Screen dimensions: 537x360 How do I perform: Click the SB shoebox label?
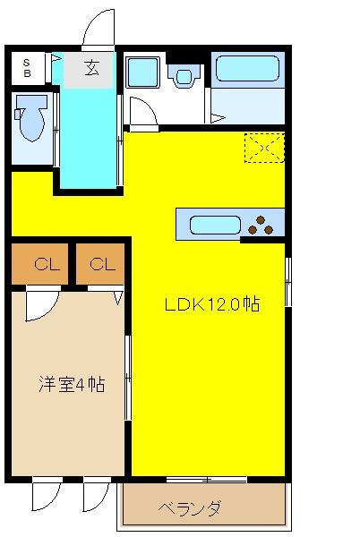(27, 68)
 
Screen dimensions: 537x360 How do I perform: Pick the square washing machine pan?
(141, 72)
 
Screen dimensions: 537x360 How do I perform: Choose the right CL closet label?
(102, 264)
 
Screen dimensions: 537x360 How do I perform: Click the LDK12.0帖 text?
(211, 304)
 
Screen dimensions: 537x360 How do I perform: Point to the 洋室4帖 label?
(72, 385)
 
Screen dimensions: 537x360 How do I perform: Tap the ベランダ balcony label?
(190, 509)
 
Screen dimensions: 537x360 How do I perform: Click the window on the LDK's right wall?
(287, 282)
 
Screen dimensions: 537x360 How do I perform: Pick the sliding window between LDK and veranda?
(206, 481)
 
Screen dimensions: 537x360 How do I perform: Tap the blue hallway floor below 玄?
(90, 134)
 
